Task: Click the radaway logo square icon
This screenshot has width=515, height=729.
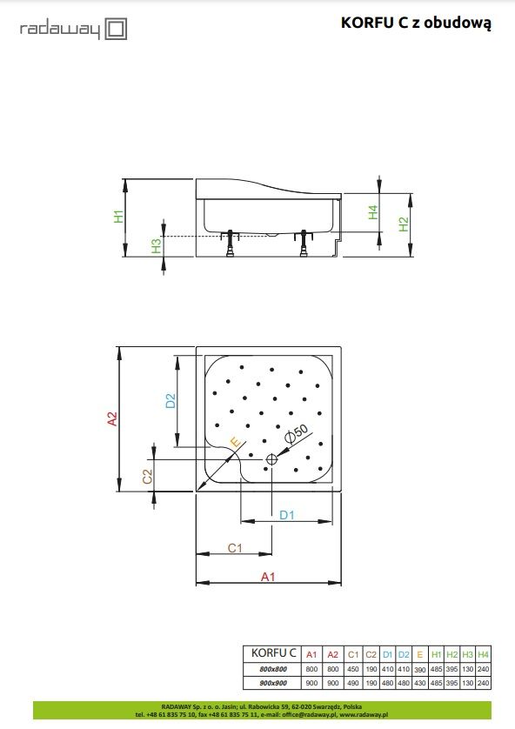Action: click(116, 29)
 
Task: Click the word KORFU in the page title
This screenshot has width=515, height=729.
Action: click(368, 23)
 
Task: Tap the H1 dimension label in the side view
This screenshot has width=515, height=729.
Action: click(119, 217)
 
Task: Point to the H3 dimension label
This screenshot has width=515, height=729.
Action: click(157, 245)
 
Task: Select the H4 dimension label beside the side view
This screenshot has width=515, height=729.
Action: click(373, 212)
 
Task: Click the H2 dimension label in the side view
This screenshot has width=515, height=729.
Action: click(404, 224)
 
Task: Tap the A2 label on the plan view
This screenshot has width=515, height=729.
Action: click(112, 418)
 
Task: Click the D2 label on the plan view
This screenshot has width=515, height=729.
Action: click(171, 400)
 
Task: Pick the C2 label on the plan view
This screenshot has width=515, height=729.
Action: click(147, 477)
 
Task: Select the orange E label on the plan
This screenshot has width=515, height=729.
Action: click(235, 442)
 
